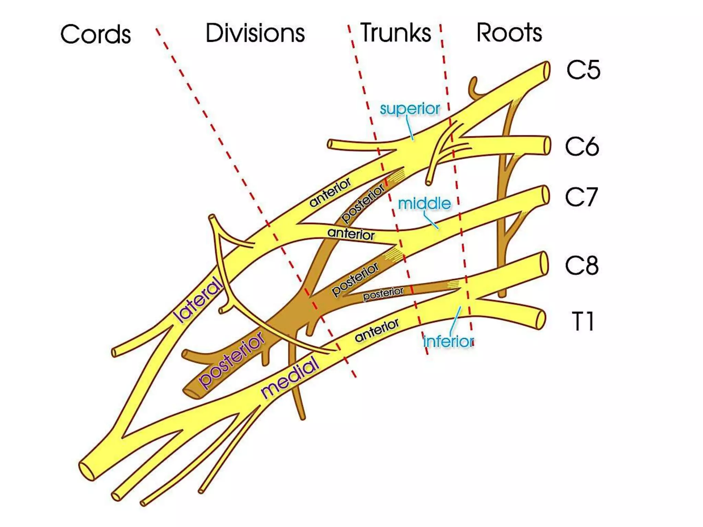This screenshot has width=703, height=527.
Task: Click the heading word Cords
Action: click(x=95, y=34)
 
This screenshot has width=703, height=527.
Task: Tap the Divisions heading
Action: click(x=255, y=33)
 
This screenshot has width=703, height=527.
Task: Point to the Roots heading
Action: click(x=509, y=33)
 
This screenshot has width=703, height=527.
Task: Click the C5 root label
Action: click(x=583, y=70)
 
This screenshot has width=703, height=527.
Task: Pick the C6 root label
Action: click(x=582, y=147)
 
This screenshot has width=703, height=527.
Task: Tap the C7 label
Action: click(x=581, y=197)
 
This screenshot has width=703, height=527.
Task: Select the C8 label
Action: click(x=582, y=265)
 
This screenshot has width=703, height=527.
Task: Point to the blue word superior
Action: click(x=410, y=109)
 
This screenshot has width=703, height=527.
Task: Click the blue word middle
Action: click(x=424, y=204)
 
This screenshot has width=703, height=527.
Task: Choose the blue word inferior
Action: click(x=449, y=341)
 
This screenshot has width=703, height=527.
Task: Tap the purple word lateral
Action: click(x=198, y=299)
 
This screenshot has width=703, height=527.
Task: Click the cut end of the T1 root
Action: click(x=540, y=320)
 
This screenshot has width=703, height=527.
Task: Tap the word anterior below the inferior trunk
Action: click(x=377, y=330)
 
